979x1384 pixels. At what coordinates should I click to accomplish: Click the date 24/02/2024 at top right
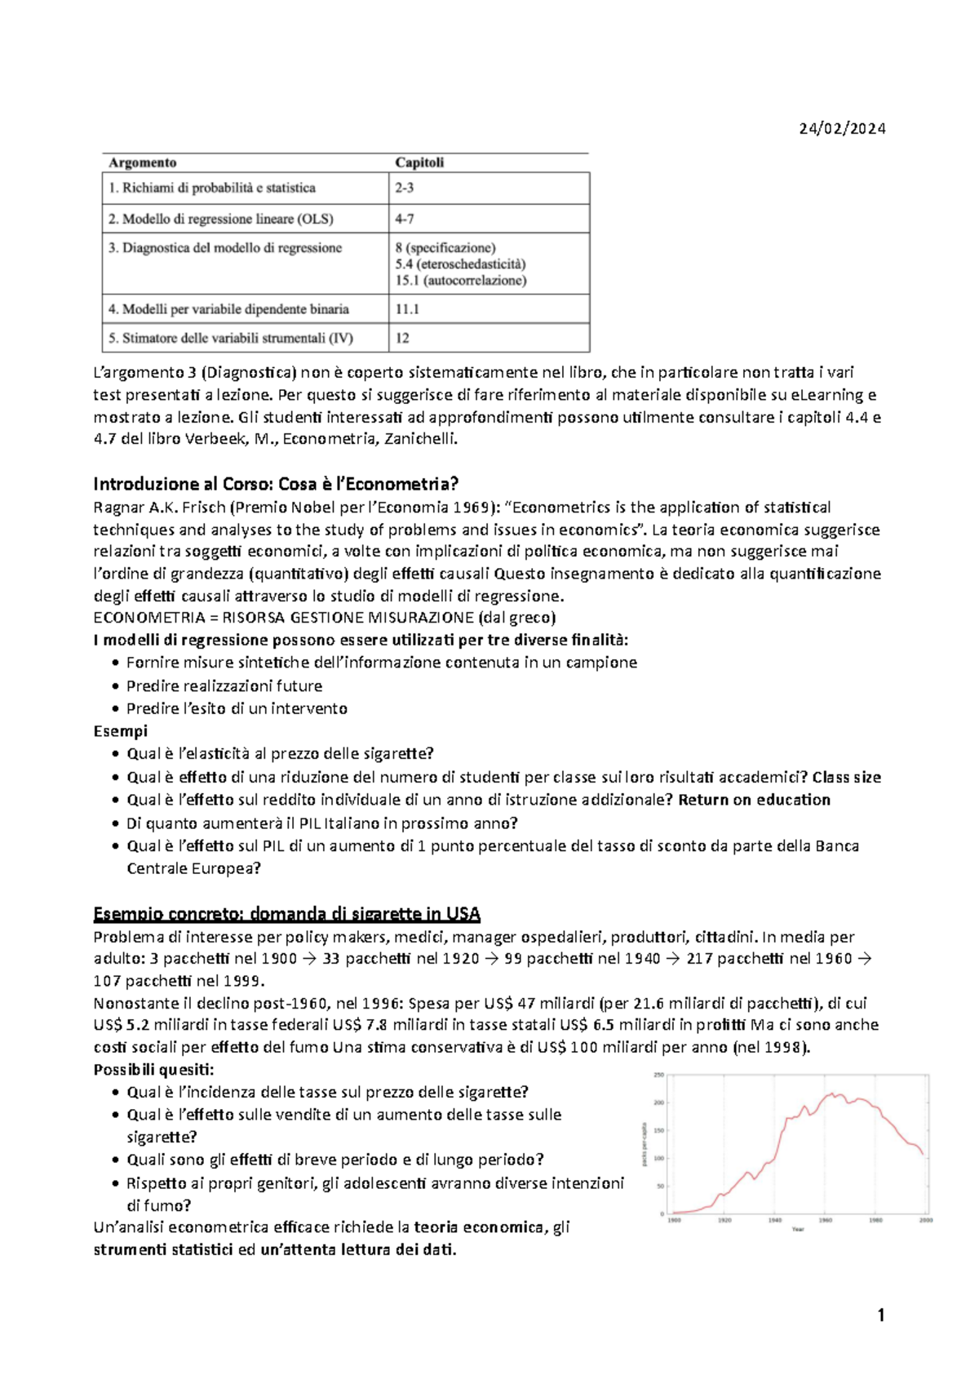[842, 128]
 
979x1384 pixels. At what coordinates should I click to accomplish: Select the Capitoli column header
[419, 162]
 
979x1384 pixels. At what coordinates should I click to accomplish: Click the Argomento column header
[143, 162]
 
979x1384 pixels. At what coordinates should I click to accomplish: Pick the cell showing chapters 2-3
[405, 188]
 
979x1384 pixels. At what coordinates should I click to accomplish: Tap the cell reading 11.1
[407, 309]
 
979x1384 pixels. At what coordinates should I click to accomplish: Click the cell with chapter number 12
[402, 338]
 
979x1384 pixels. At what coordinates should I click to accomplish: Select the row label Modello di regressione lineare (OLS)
[220, 219]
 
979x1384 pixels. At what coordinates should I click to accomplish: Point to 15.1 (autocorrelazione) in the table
[461, 281]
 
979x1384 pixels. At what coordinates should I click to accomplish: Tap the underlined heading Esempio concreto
[286, 913]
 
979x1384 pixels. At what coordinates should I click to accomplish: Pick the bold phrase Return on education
[754, 800]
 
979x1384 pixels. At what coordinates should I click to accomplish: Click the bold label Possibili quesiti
[153, 1070]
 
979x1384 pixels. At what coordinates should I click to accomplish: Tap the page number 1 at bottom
[880, 1315]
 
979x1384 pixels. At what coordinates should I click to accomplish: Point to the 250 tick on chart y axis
[658, 1075]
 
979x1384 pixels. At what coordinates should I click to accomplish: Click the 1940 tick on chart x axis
[774, 1221]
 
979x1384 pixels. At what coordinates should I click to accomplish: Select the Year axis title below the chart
[798, 1229]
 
